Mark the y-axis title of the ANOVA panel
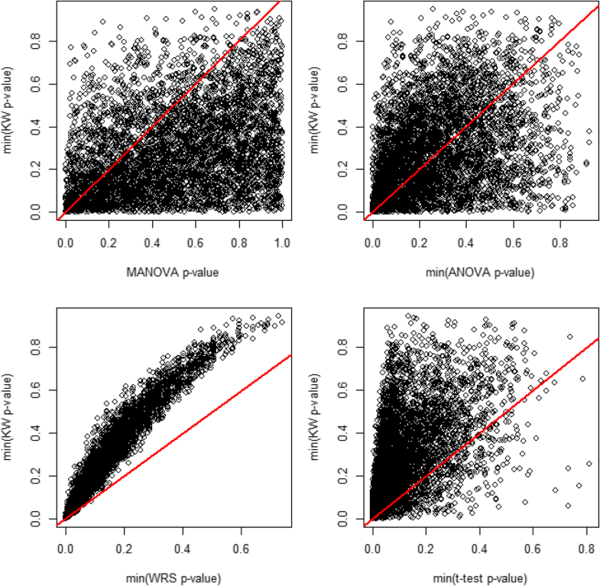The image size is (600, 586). click(x=316, y=108)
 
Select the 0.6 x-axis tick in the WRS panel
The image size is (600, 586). click(x=242, y=548)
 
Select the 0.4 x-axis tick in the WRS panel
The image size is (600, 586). click(x=183, y=548)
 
